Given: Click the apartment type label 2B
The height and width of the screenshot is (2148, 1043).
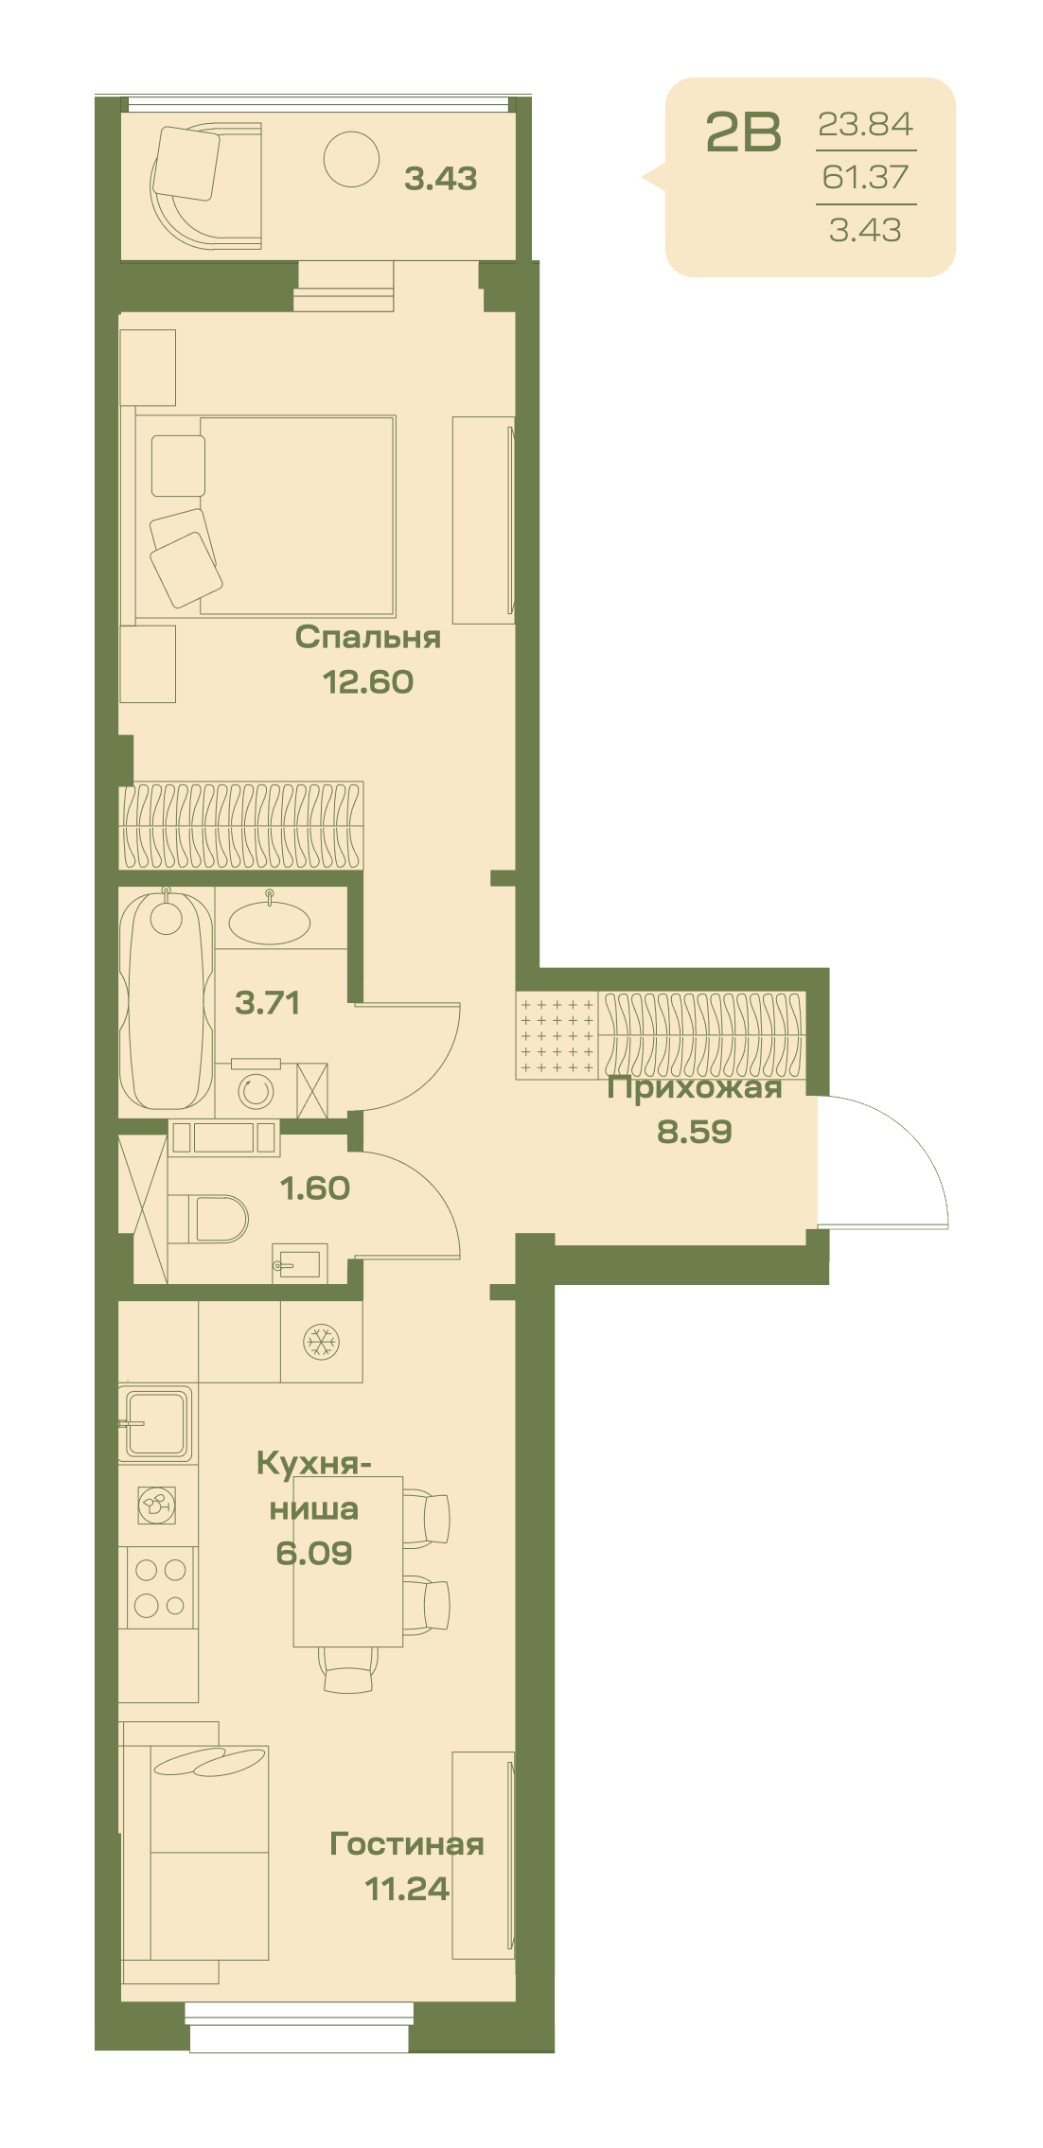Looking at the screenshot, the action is (744, 132).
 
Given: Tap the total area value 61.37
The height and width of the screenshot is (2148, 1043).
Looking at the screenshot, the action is (865, 177).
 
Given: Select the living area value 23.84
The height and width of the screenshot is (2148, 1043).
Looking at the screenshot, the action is (865, 124).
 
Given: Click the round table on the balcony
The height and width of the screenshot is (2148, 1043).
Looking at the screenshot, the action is (351, 159).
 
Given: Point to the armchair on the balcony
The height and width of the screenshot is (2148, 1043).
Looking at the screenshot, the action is (205, 185).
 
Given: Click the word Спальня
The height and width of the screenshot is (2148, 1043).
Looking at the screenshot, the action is (368, 637).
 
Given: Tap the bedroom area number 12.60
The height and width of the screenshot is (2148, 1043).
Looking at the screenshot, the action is (368, 681).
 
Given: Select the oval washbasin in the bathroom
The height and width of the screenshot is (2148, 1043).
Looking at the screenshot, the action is (270, 922).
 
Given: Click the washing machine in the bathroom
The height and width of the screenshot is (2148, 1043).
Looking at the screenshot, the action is (255, 1089).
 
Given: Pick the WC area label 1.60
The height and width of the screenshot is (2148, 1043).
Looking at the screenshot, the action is (315, 1188).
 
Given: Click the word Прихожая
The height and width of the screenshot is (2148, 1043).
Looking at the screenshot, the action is (695, 1088).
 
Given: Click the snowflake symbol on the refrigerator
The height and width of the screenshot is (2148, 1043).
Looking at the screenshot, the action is (321, 1341).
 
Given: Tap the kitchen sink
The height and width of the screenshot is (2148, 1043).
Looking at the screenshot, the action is (156, 1423).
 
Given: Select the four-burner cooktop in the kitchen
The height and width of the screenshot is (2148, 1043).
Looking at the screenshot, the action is (158, 1587).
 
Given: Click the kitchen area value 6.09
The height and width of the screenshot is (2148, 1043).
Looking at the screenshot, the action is (314, 1553).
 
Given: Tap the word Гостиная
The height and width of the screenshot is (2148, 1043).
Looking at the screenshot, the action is (407, 1843).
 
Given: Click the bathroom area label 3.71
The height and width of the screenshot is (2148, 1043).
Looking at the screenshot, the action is (268, 1002).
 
